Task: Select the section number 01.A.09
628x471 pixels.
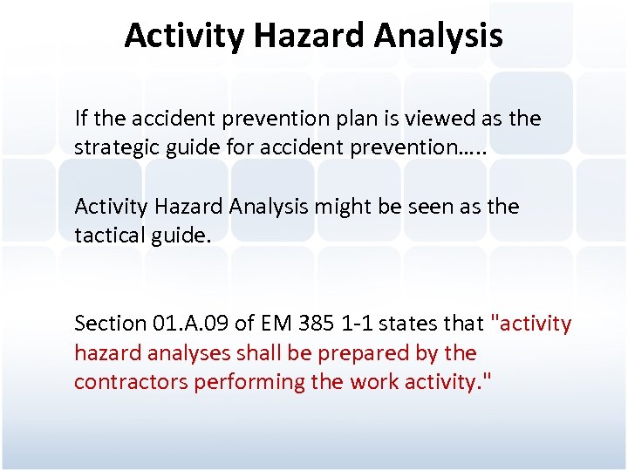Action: click(x=189, y=324)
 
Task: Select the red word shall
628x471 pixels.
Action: click(x=252, y=353)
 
